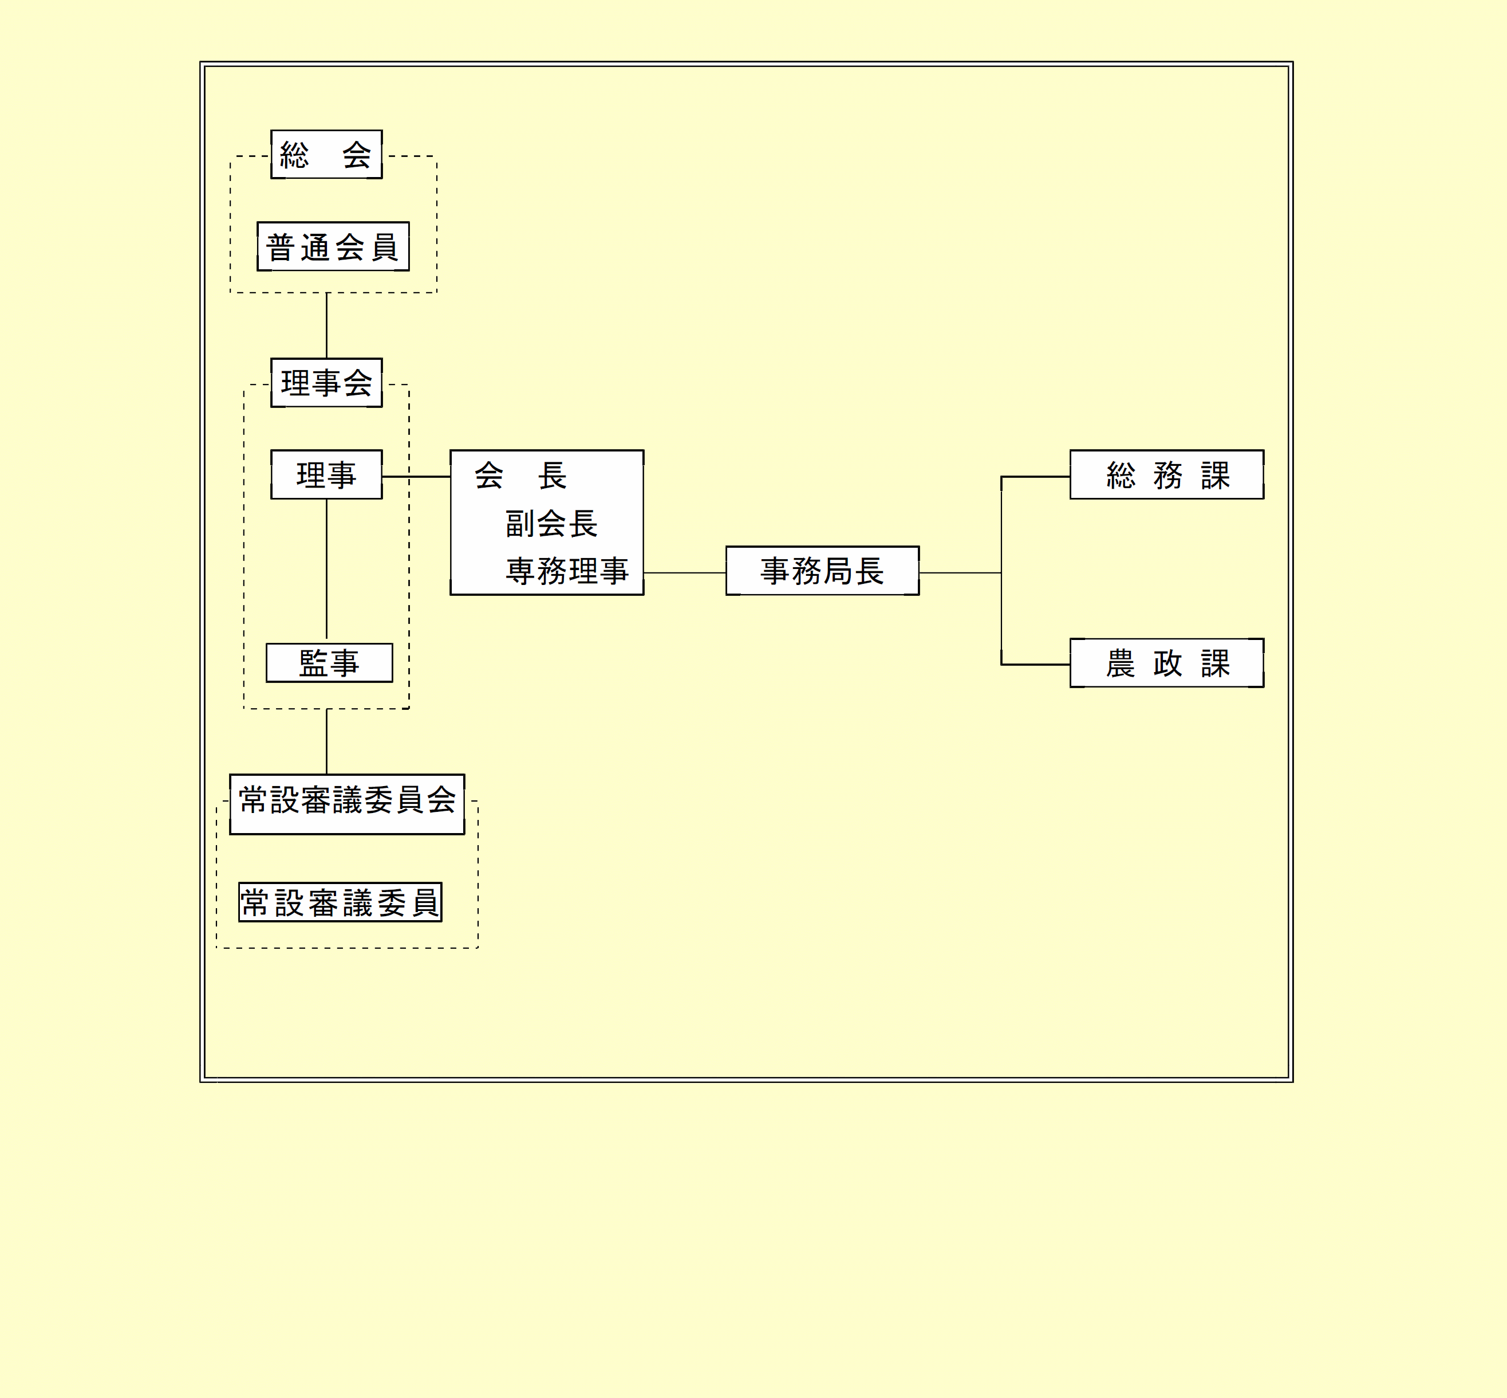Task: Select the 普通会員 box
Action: point(333,246)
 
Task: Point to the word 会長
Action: point(520,476)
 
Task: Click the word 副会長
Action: point(551,524)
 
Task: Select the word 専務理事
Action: point(567,571)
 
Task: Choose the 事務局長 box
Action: point(822,571)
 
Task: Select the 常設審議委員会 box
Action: point(347,803)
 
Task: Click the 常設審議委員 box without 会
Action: point(340,902)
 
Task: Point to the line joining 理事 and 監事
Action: point(327,567)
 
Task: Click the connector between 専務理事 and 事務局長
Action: point(684,573)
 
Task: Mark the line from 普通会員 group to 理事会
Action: point(327,325)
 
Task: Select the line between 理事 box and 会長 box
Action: point(416,477)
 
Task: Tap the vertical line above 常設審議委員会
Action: point(327,741)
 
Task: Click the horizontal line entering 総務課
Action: point(1036,477)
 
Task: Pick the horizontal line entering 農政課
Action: point(1036,664)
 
